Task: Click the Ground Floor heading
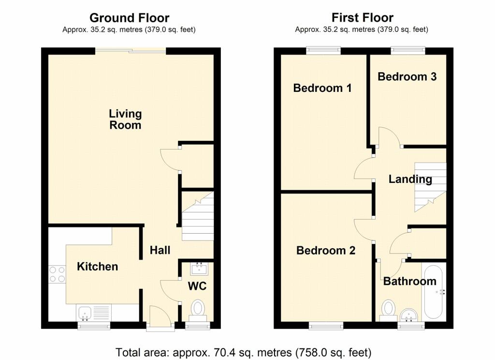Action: (x=130, y=18)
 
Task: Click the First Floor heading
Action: (x=363, y=17)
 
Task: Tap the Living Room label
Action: (x=125, y=119)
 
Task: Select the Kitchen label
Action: (x=98, y=267)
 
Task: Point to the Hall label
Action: (x=160, y=250)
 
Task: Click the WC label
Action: (x=197, y=286)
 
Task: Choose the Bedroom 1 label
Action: (x=322, y=88)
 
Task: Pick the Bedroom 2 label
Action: (x=326, y=251)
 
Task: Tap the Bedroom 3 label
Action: (x=407, y=76)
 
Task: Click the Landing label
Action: (x=410, y=179)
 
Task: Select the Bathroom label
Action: (x=410, y=281)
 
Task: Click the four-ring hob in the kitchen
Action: (x=57, y=274)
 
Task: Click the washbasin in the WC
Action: (x=199, y=270)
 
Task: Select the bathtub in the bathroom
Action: (x=434, y=292)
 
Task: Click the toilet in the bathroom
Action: (x=388, y=311)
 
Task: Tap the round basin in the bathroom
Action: (x=408, y=315)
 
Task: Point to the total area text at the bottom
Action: (x=244, y=352)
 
